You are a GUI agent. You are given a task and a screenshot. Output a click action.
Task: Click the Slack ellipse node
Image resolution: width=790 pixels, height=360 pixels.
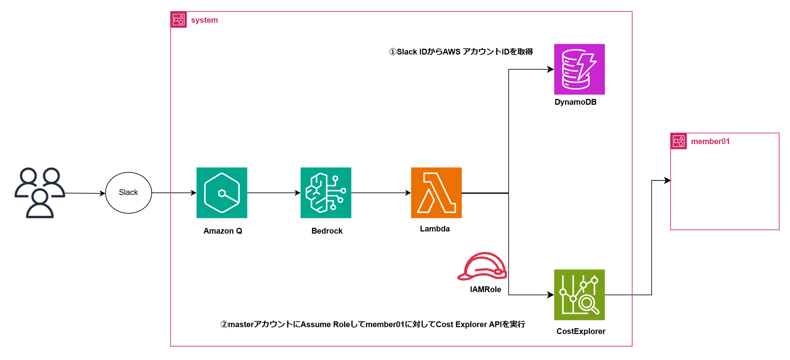click(x=128, y=192)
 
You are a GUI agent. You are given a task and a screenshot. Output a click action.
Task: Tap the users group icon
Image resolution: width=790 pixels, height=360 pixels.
click(x=40, y=192)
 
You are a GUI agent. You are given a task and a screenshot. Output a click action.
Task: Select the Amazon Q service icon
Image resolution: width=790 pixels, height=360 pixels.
click(x=222, y=192)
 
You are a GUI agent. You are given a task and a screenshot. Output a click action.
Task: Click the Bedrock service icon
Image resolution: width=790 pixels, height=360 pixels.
click(x=326, y=192)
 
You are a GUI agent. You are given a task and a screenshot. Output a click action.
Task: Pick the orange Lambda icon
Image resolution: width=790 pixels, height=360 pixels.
click(x=436, y=192)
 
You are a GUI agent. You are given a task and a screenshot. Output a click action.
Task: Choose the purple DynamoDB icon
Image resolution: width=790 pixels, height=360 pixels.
click(x=579, y=69)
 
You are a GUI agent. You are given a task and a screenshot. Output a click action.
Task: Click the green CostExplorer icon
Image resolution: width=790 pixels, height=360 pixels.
click(x=579, y=295)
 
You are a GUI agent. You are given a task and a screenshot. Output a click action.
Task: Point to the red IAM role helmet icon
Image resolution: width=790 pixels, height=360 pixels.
click(x=482, y=266)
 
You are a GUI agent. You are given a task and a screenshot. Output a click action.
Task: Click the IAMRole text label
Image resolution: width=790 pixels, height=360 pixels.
click(x=485, y=289)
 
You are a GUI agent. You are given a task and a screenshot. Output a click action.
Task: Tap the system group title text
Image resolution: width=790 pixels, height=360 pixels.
click(x=204, y=20)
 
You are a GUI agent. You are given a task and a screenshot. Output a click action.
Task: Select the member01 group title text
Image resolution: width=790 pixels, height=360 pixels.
click(x=710, y=142)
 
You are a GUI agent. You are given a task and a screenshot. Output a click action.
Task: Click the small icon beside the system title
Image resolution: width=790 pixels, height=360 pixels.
click(x=178, y=19)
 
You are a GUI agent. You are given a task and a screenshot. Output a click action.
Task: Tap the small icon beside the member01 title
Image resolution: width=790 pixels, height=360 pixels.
click(x=678, y=141)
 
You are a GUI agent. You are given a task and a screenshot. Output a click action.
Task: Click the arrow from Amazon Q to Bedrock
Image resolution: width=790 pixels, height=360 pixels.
click(x=273, y=193)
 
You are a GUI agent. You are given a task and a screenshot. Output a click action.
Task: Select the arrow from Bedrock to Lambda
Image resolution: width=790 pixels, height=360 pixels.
click(x=381, y=193)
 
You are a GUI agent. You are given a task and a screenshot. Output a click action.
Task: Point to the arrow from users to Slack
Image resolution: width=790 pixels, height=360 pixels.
click(x=85, y=193)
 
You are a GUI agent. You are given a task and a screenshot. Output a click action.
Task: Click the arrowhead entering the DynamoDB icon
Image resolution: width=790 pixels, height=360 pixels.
click(x=551, y=69)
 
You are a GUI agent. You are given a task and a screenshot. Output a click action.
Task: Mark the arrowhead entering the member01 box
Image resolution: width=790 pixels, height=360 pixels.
click(x=667, y=181)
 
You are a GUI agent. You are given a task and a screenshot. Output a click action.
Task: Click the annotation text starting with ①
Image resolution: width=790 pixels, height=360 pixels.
click(x=461, y=52)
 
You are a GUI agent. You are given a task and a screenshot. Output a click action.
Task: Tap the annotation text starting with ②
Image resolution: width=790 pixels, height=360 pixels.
click(x=373, y=324)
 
